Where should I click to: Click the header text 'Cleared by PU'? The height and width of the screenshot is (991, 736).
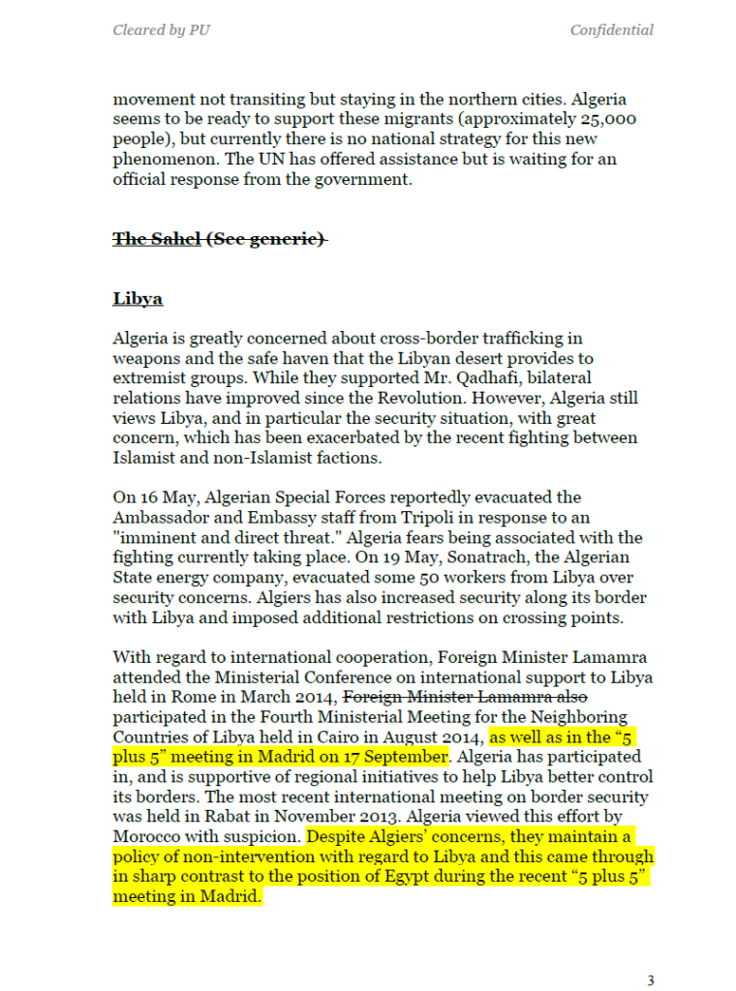click(162, 30)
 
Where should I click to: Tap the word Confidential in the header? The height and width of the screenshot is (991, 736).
click(611, 30)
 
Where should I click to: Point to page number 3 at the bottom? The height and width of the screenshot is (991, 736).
click(650, 980)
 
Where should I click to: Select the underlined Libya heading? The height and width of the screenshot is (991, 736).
click(138, 298)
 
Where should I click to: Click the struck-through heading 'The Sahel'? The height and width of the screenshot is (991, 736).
click(157, 238)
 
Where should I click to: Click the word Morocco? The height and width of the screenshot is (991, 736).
click(148, 837)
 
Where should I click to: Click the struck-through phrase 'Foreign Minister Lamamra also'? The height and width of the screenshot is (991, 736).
click(466, 696)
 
